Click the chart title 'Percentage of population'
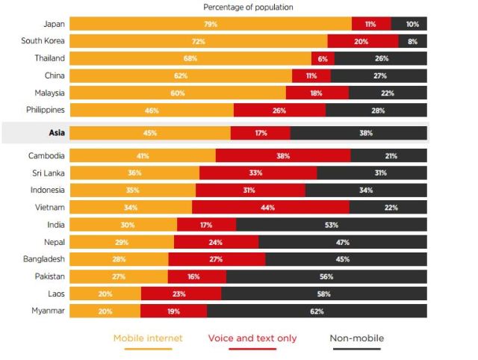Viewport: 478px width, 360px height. tap(248, 7)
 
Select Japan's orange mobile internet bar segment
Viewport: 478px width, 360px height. tap(211, 24)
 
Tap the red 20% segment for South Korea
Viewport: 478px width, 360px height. tap(361, 41)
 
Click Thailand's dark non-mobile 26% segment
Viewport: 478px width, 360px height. tap(381, 58)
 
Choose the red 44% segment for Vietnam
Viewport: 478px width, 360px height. tap(270, 208)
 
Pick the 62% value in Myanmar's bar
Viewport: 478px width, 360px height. tap(317, 311)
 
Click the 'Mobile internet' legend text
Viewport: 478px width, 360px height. tap(148, 338)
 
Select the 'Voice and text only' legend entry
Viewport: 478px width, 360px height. tap(252, 338)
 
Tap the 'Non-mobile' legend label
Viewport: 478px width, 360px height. tap(357, 338)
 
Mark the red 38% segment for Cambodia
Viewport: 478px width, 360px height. tap(283, 156)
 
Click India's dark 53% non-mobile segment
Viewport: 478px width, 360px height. tap(332, 225)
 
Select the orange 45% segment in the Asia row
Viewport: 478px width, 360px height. tap(150, 133)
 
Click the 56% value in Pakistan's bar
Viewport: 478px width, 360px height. tap(326, 276)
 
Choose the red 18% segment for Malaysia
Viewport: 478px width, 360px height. tap(317, 93)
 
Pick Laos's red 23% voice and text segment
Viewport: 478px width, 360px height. tap(179, 294)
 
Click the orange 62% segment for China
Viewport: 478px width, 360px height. tap(181, 75)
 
